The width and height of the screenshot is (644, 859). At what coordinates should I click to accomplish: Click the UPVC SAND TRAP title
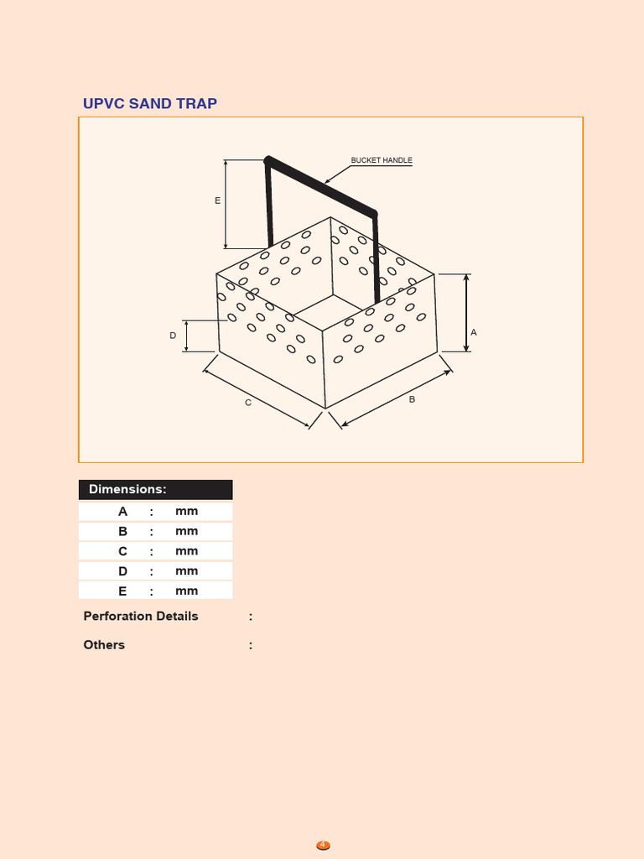click(x=149, y=103)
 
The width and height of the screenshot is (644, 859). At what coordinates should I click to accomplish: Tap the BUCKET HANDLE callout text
click(x=382, y=160)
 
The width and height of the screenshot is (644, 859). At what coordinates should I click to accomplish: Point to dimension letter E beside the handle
click(x=217, y=200)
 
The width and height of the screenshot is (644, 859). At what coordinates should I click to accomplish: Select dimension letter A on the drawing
click(x=474, y=333)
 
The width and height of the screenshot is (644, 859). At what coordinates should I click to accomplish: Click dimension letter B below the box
click(x=412, y=400)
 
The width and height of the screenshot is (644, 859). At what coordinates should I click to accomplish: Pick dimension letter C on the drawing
click(x=247, y=403)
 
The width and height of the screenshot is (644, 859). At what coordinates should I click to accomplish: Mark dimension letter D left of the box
click(x=173, y=336)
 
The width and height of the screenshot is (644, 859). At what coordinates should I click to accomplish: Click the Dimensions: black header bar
click(x=155, y=489)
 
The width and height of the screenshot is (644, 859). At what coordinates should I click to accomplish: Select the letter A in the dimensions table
click(x=123, y=511)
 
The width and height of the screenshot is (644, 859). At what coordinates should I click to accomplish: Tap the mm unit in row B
click(x=186, y=531)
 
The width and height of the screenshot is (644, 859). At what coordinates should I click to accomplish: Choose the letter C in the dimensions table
click(x=123, y=551)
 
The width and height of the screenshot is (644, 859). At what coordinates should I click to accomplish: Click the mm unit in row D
click(x=186, y=571)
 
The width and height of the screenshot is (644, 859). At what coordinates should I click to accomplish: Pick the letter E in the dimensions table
click(x=123, y=591)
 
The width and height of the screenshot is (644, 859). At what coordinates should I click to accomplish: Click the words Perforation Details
click(x=141, y=616)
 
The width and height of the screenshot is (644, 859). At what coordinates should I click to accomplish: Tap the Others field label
click(x=104, y=644)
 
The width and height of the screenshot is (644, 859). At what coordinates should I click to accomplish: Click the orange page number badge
click(x=323, y=846)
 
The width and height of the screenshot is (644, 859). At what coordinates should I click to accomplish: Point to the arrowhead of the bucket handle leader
click(x=327, y=181)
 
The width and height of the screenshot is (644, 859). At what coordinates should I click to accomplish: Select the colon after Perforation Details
click(x=251, y=617)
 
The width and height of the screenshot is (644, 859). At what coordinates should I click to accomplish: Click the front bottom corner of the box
click(x=325, y=409)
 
